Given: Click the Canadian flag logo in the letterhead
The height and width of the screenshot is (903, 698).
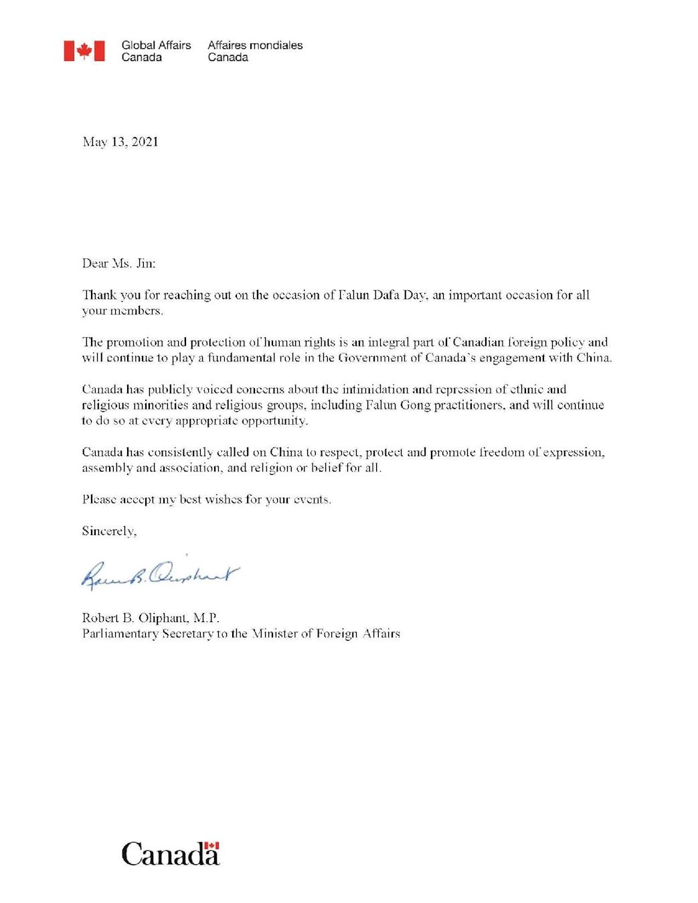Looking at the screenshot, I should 84,51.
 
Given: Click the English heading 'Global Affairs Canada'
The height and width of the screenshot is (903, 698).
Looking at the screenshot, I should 156,51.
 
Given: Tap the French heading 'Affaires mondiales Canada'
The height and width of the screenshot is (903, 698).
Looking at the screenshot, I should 255,51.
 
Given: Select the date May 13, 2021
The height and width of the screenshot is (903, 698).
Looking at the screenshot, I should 120,142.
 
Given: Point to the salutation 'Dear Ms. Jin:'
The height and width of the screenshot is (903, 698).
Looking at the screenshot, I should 118,264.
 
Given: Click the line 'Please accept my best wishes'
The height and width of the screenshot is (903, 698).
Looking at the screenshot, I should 206,500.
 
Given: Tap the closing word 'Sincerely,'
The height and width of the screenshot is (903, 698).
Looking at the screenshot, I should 109,531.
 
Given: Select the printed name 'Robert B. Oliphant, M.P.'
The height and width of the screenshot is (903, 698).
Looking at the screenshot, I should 151,618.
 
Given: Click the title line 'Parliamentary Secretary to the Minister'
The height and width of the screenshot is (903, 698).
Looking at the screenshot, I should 241,633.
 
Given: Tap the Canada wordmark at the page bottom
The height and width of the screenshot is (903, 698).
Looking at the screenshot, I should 170,855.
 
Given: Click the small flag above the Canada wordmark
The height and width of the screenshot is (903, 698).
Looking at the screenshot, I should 212,846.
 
